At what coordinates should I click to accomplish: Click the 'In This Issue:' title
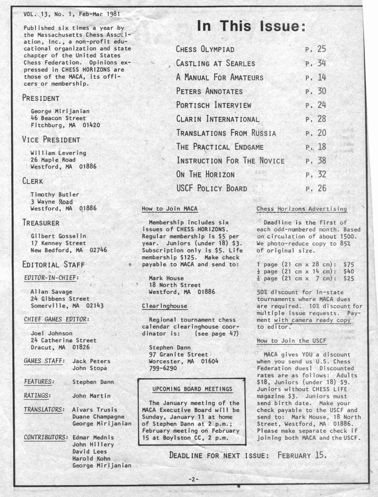[251, 26]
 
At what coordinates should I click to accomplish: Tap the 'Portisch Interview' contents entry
[214, 105]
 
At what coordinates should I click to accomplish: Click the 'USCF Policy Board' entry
[212, 189]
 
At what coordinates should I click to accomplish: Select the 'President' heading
[41, 98]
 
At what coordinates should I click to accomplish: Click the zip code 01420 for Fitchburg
[90, 125]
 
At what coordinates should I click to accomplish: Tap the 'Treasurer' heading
[41, 222]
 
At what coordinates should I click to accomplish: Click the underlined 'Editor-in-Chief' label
[51, 278]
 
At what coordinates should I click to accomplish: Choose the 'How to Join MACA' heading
[170, 209]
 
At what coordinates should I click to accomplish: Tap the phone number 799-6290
[163, 368]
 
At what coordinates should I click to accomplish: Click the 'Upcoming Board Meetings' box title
[192, 389]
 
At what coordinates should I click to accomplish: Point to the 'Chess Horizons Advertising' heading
[301, 209]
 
